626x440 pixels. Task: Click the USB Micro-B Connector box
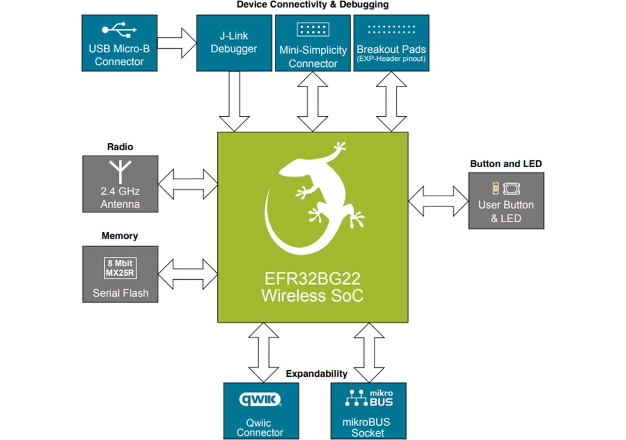click(119, 44)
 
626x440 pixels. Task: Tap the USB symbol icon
click(119, 28)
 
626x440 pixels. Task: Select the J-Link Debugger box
click(234, 44)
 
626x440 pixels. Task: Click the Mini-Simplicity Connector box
click(313, 44)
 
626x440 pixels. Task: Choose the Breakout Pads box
click(391, 44)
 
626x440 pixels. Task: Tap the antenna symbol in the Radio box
click(120, 171)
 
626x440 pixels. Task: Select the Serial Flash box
click(120, 274)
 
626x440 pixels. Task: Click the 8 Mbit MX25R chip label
click(121, 268)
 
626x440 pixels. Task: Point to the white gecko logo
click(313, 197)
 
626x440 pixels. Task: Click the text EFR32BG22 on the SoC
click(312, 279)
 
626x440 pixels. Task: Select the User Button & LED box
click(506, 200)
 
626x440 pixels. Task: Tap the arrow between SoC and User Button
click(438, 201)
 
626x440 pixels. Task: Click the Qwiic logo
click(261, 399)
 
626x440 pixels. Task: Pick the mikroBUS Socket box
click(368, 410)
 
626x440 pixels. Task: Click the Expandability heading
click(316, 373)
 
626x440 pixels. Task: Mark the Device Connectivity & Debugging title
click(313, 5)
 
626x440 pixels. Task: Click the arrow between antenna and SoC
click(188, 183)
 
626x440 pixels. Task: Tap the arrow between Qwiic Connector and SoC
click(263, 352)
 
